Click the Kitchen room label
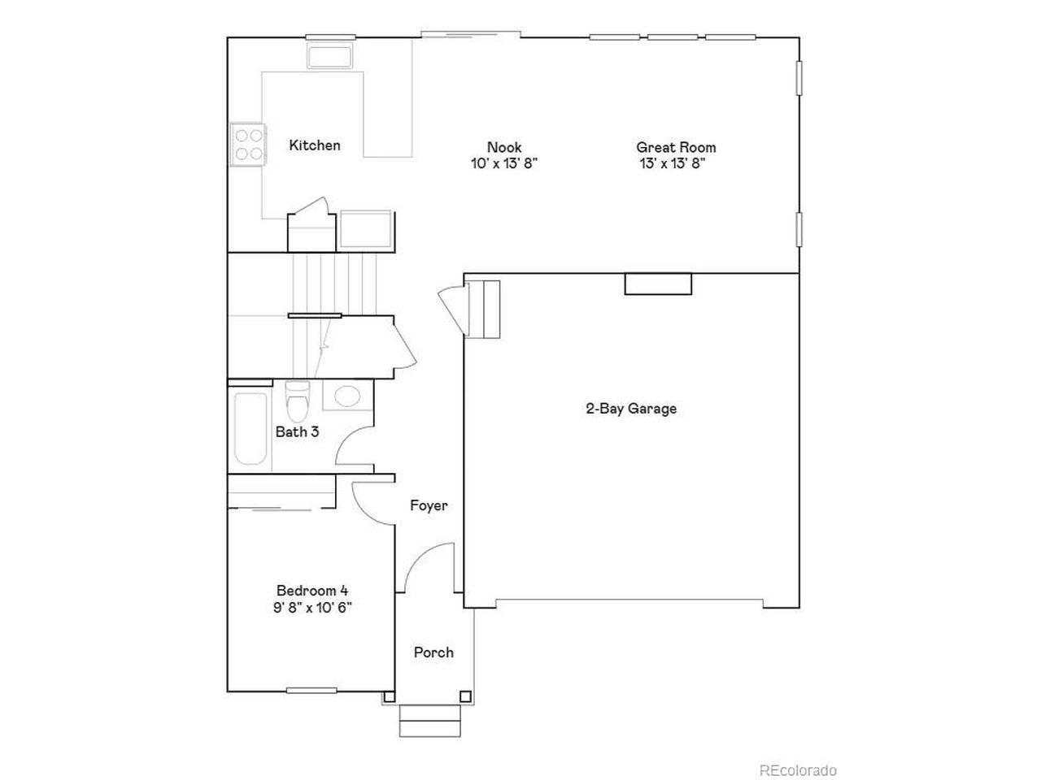click(315, 145)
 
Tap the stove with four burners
click(249, 144)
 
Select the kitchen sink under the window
click(329, 56)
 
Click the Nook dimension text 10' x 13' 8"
click(504, 164)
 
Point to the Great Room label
click(676, 147)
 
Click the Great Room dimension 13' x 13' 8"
click(673, 164)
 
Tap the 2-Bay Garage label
click(631, 408)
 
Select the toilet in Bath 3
click(298, 401)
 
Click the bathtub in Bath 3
click(250, 429)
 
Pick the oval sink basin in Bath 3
click(347, 396)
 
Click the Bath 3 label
click(297, 432)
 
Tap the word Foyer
click(429, 506)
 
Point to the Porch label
click(433, 652)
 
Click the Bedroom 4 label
click(312, 591)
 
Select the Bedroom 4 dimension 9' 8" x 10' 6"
click(312, 608)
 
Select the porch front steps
click(429, 721)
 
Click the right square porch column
click(465, 696)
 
